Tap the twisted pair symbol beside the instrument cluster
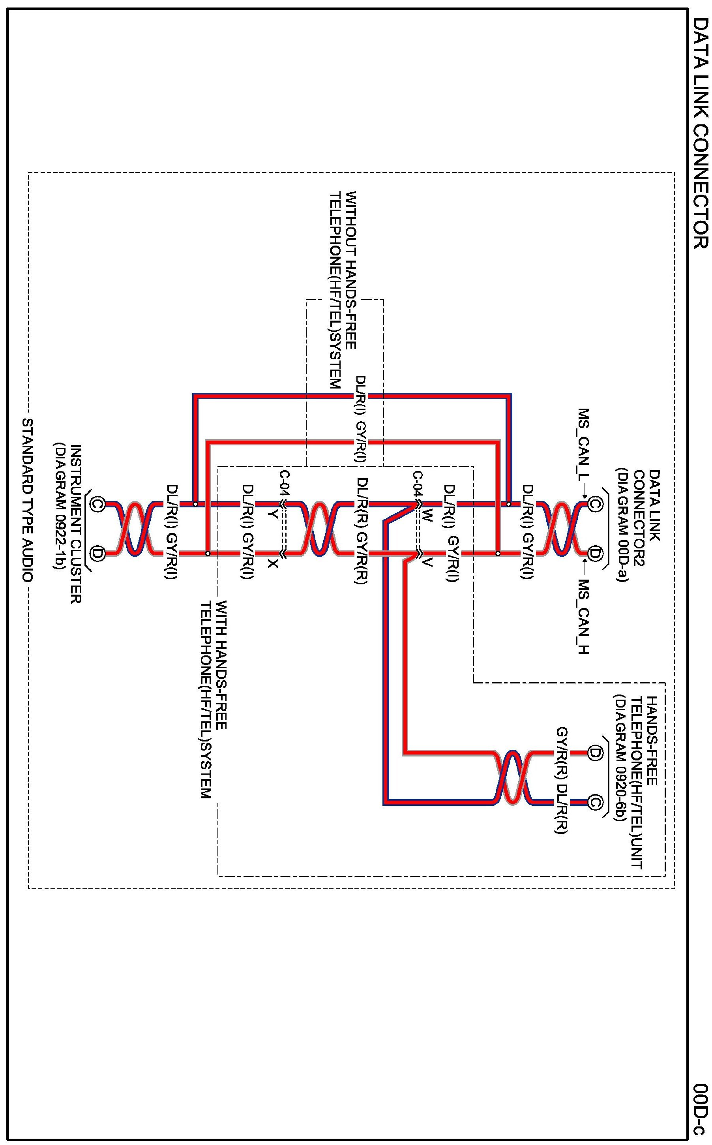click(x=135, y=529)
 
